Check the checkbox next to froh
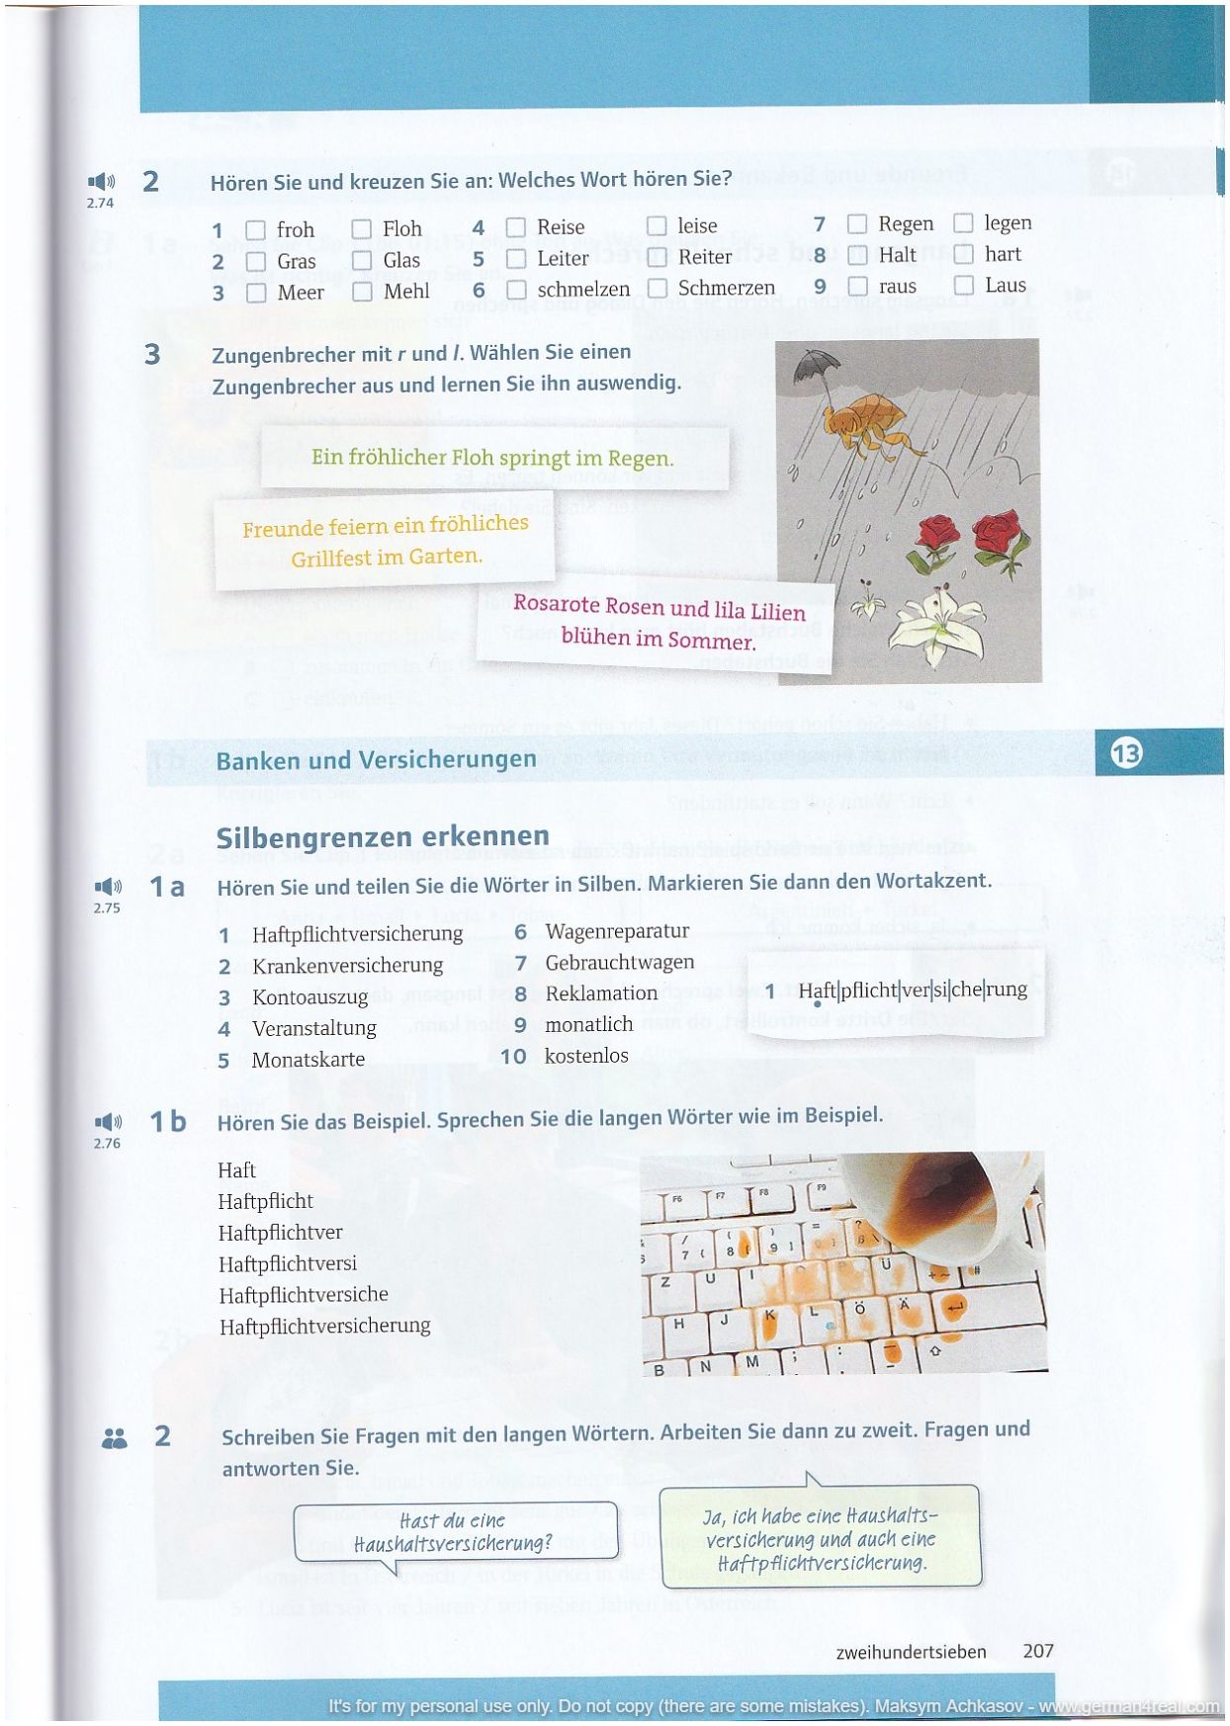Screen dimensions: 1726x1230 tap(255, 230)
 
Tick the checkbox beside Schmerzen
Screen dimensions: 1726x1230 tap(658, 289)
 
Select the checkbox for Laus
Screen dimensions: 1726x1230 tap(964, 287)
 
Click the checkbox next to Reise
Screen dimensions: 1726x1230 tap(515, 227)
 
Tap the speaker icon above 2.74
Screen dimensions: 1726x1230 tap(101, 182)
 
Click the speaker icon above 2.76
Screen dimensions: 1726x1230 tap(107, 1122)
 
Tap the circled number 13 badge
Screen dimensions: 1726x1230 tap(1126, 753)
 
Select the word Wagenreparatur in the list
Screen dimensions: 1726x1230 tap(617, 931)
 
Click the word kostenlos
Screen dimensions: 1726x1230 tap(586, 1056)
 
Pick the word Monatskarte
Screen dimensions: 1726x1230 tap(308, 1060)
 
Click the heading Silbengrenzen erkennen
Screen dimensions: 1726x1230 tap(383, 837)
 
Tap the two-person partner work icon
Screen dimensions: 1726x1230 tap(115, 1438)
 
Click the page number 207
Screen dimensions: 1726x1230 tap(1038, 1651)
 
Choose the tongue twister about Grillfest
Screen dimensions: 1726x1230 tap(386, 541)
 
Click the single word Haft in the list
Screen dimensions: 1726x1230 tap(236, 1170)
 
